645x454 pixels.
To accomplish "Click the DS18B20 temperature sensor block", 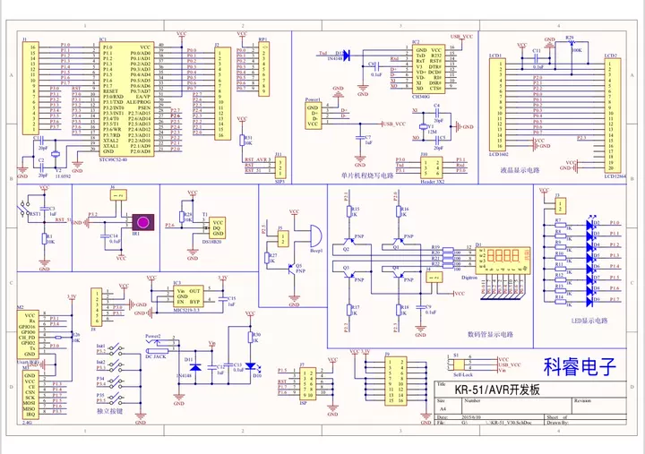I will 219,227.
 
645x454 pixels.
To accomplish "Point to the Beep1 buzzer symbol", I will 313,234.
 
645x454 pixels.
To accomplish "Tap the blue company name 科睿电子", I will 580,365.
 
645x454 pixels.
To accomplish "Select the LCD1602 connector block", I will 495,103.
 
